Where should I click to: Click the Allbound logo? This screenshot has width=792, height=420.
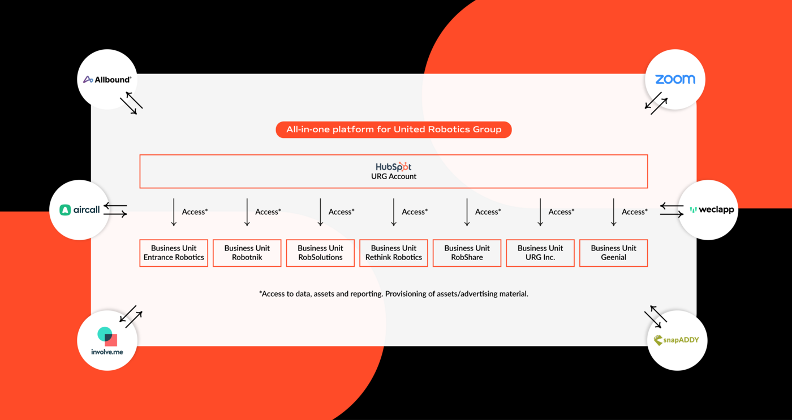[x=107, y=80]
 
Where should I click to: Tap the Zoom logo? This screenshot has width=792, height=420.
[x=675, y=79]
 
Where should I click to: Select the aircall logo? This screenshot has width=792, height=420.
[x=80, y=210]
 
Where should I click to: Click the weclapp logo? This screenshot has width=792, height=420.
[x=712, y=210]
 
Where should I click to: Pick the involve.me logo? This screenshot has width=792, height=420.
[x=107, y=341]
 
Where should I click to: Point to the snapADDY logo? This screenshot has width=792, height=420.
[x=677, y=340]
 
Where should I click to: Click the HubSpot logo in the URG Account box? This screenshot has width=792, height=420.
[x=393, y=167]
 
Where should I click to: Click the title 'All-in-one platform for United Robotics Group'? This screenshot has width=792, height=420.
[x=394, y=129]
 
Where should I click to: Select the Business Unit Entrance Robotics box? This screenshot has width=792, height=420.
[x=174, y=253]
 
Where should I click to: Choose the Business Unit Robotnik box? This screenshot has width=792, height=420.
[x=247, y=253]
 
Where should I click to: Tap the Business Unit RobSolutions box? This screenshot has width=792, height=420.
[x=320, y=253]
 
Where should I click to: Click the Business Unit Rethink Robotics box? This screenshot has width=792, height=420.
[x=394, y=253]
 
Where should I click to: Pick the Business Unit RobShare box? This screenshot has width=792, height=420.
[x=467, y=253]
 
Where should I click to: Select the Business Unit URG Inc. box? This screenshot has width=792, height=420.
[x=540, y=253]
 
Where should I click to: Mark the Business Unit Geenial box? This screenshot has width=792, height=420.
[x=613, y=253]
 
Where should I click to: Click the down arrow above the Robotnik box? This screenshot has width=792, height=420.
[x=247, y=212]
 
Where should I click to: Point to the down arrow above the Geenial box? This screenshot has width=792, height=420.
[x=613, y=212]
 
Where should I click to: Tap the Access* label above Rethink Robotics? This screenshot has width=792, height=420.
[x=415, y=212]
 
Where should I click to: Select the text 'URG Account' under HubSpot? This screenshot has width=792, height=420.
[x=394, y=176]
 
